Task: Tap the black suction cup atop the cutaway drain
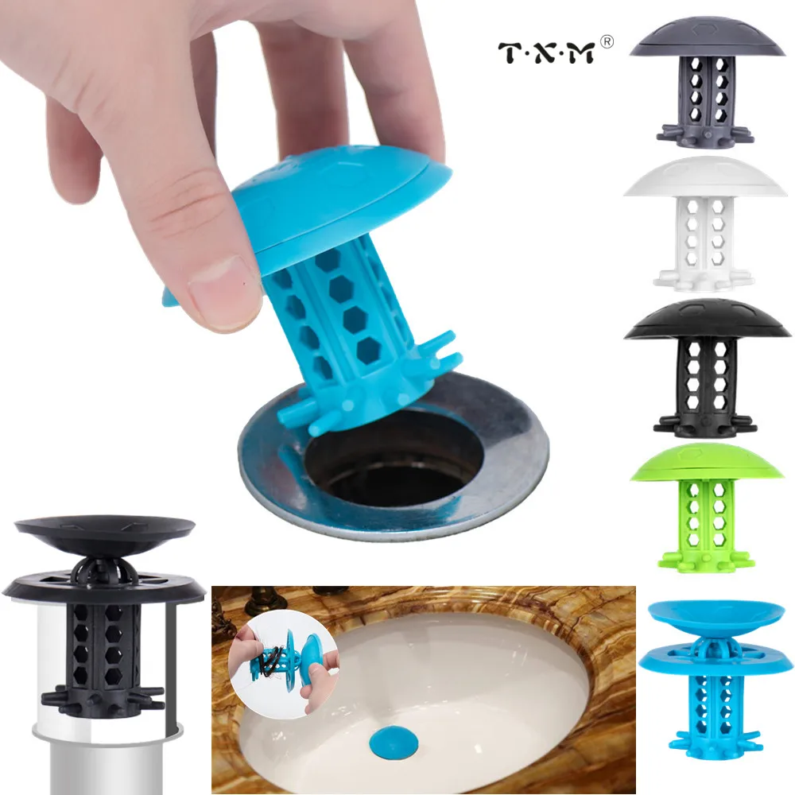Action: pyautogui.click(x=105, y=529)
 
